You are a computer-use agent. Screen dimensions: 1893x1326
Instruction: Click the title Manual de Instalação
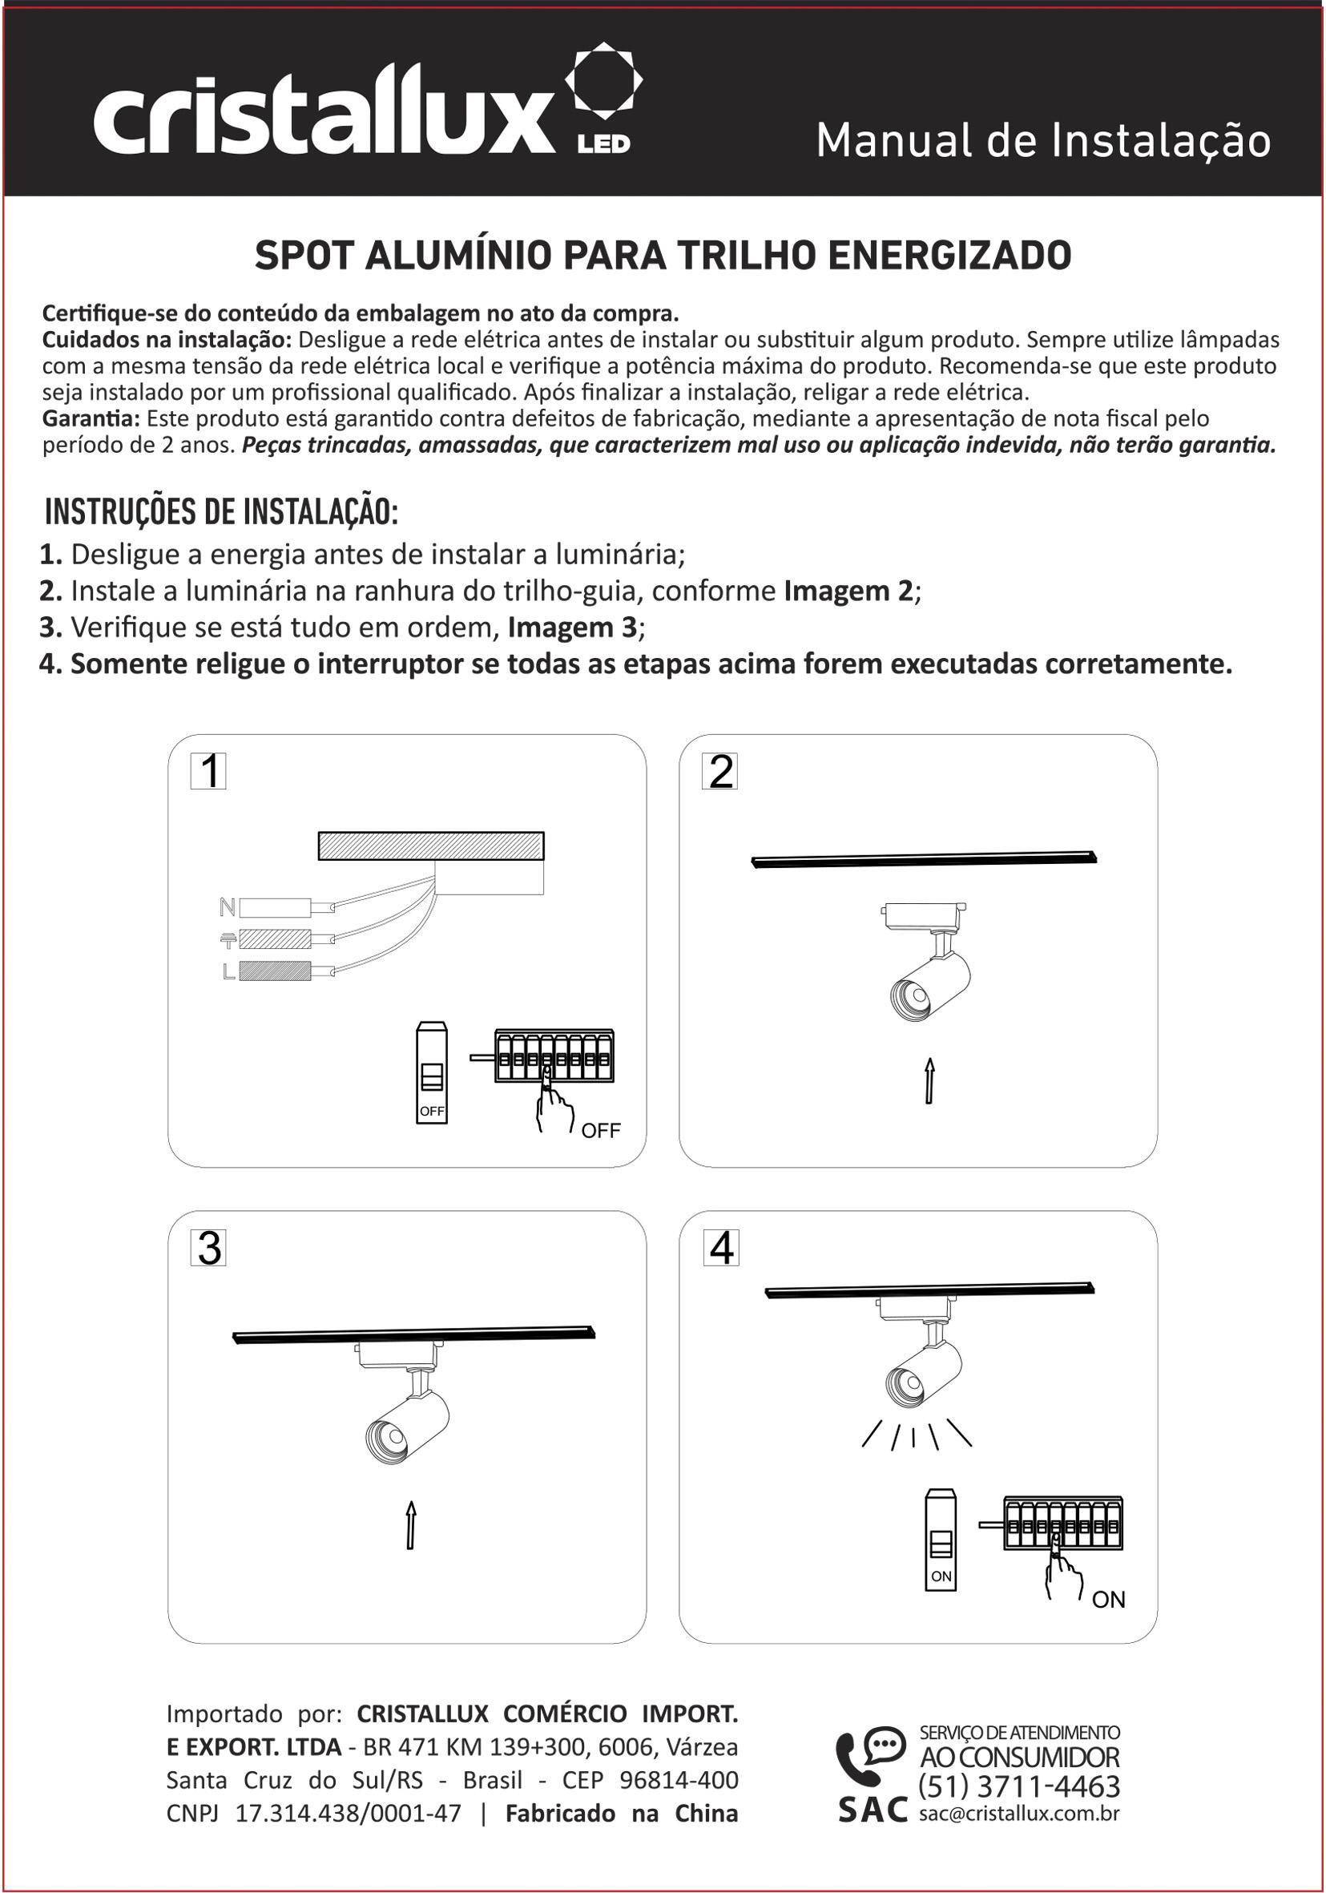point(1042,141)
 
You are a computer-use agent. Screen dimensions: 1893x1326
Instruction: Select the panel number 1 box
point(208,772)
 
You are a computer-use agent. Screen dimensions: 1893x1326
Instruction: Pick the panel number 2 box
point(720,772)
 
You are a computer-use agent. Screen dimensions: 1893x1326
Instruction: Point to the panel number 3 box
point(208,1249)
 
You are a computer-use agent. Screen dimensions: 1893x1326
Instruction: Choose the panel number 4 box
point(721,1249)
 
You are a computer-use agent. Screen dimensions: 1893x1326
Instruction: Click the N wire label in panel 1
point(228,907)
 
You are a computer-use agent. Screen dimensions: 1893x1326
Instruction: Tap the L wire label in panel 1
point(228,972)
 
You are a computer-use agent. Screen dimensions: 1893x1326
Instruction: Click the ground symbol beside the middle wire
point(228,939)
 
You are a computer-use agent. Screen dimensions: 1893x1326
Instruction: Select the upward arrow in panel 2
point(929,1080)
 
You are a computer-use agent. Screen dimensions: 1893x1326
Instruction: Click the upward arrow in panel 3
point(410,1525)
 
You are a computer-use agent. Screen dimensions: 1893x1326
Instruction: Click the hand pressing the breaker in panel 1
point(553,1108)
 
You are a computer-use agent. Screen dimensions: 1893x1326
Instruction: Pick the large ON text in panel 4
point(1108,1600)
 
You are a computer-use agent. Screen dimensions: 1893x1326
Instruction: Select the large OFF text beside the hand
point(601,1131)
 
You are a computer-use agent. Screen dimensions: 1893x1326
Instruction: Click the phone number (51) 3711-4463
point(1018,1786)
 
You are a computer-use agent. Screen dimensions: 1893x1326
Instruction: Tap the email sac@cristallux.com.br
point(1018,1813)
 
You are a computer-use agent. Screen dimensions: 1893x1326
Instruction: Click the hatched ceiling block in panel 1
point(431,846)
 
